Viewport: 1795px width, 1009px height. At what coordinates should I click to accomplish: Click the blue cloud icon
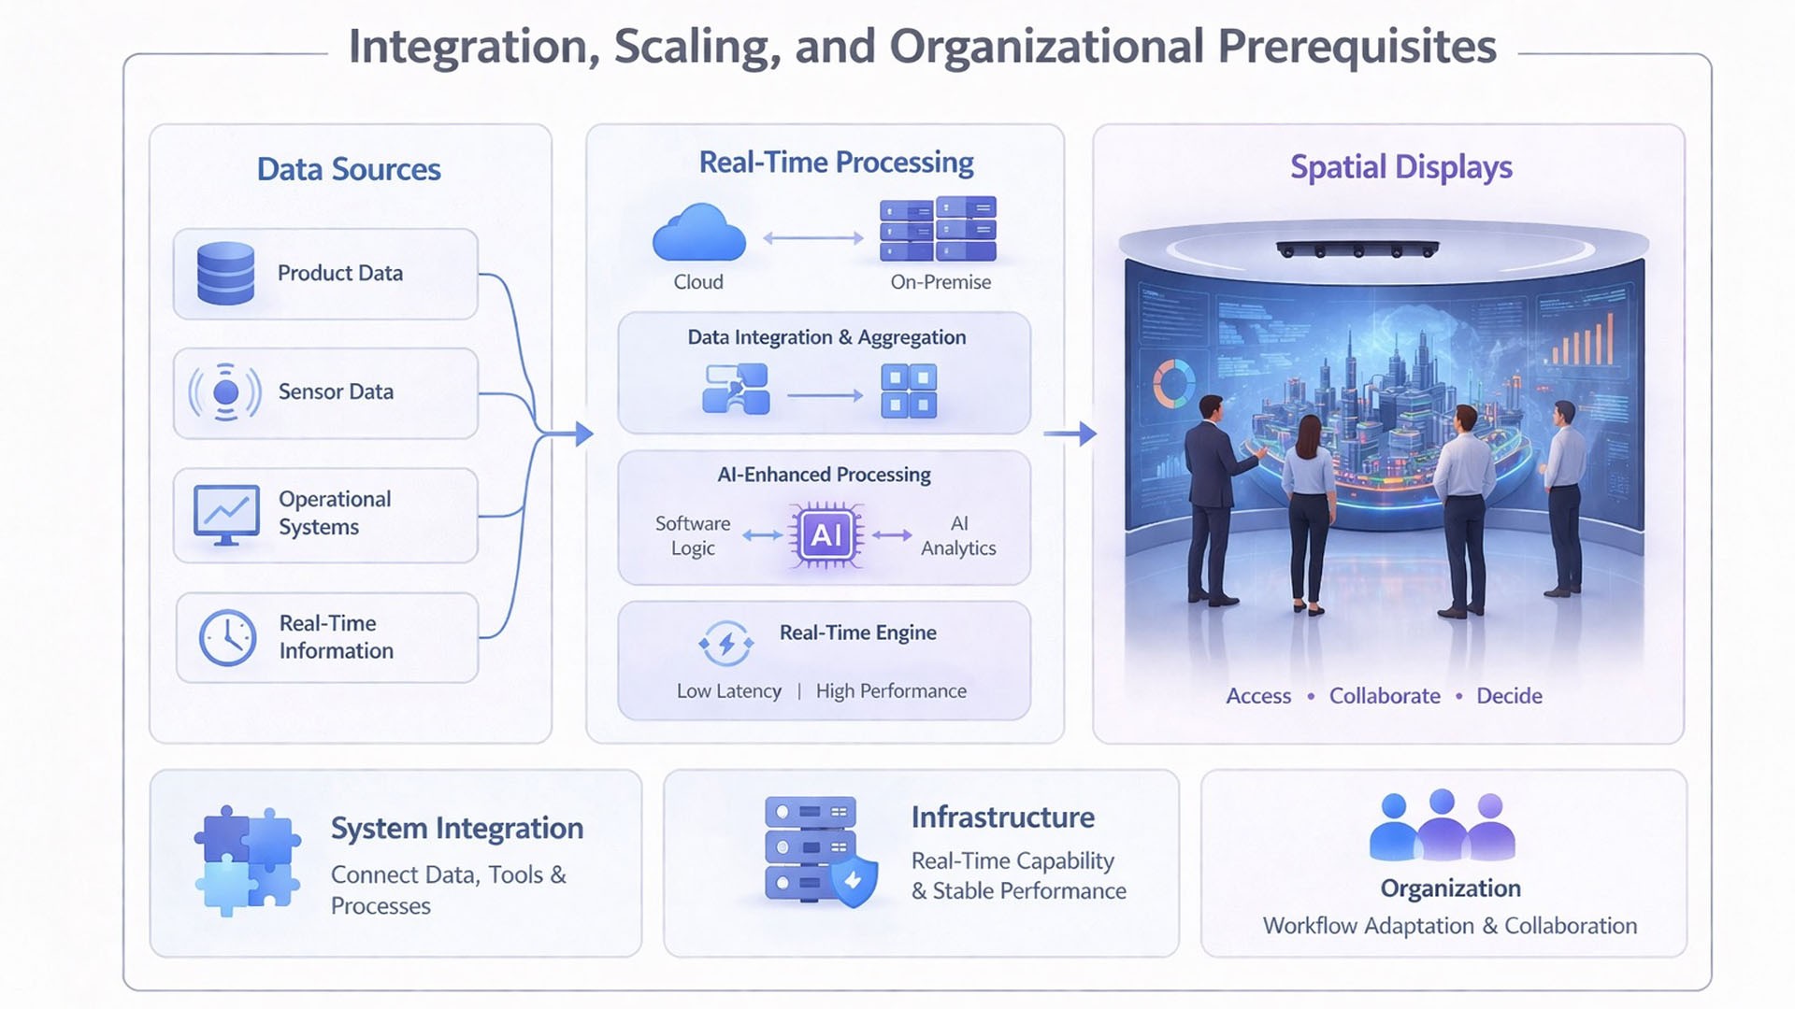(x=698, y=234)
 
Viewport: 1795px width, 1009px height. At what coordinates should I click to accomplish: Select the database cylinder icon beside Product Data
(x=225, y=273)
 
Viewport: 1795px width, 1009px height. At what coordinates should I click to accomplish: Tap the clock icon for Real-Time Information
(x=227, y=637)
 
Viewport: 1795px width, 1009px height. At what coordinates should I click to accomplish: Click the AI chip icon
(x=826, y=535)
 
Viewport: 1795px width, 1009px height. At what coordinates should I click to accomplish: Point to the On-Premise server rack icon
(x=938, y=229)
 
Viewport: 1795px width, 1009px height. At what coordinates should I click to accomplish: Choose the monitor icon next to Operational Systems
(x=226, y=514)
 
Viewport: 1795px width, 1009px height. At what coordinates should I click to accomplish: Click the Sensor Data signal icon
(x=225, y=391)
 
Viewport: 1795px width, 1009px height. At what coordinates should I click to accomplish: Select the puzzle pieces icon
(x=247, y=860)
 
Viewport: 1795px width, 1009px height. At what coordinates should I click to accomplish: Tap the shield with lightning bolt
(x=854, y=881)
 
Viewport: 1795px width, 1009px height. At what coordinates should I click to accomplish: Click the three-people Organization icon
(x=1442, y=826)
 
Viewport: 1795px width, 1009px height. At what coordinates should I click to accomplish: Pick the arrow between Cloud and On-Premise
(x=813, y=238)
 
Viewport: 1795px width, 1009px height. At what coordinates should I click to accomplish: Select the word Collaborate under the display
(x=1385, y=696)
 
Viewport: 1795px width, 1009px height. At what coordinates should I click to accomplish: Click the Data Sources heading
(x=349, y=169)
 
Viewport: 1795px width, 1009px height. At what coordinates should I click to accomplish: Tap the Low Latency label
(x=729, y=691)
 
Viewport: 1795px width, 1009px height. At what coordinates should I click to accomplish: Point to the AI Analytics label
(x=958, y=536)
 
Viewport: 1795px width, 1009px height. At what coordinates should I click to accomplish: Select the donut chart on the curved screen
(x=1173, y=384)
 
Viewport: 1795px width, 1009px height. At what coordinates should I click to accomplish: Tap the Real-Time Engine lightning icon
(x=726, y=644)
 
